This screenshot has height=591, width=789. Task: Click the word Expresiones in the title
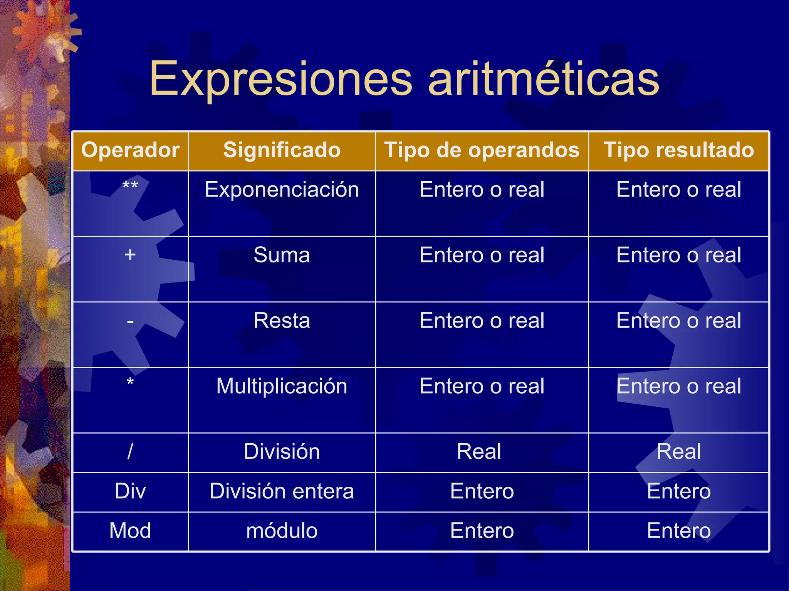click(x=281, y=80)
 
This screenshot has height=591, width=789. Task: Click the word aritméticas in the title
click(x=544, y=80)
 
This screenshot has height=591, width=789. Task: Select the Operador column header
click(x=130, y=150)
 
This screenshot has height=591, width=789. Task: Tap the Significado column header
click(x=282, y=150)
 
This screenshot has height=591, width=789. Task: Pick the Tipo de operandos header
click(x=482, y=150)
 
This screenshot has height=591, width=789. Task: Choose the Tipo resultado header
click(x=679, y=150)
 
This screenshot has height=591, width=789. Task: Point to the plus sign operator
click(x=130, y=255)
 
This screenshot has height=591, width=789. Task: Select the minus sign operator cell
click(x=130, y=321)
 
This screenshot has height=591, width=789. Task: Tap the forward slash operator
click(x=130, y=451)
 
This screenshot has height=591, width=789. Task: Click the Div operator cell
click(x=130, y=491)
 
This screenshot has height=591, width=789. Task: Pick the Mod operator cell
click(x=130, y=531)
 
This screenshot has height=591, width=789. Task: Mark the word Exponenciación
click(x=282, y=190)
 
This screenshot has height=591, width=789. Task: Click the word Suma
click(x=282, y=255)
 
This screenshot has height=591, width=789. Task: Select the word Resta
click(x=282, y=321)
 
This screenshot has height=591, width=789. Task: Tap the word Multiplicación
click(x=282, y=386)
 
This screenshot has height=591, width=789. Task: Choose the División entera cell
click(x=282, y=491)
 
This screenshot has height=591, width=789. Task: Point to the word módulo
click(x=282, y=531)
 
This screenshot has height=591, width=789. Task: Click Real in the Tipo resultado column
click(x=679, y=451)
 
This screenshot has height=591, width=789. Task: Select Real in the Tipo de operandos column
click(x=479, y=451)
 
